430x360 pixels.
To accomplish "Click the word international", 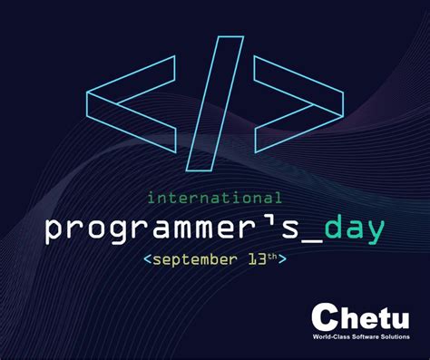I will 214,196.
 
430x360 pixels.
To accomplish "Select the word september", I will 190,259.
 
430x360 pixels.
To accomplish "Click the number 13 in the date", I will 254,259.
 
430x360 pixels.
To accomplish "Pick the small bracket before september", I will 148,260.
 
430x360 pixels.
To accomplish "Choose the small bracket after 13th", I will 284,260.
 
